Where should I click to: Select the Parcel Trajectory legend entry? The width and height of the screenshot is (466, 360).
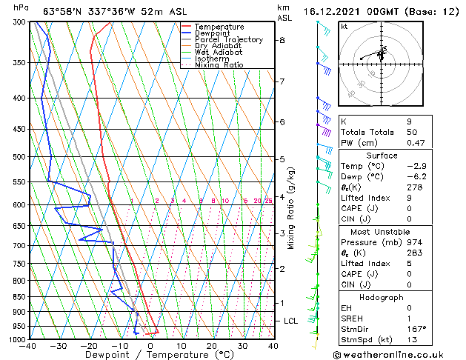pyautogui.click(x=228, y=40)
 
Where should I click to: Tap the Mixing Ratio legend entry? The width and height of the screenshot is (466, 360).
pyautogui.click(x=219, y=65)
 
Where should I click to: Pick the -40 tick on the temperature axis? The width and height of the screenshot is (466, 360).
pyautogui.click(x=28, y=345)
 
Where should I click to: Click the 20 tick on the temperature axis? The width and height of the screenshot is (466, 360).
pyautogui.click(x=212, y=345)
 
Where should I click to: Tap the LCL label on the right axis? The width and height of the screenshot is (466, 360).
pyautogui.click(x=290, y=321)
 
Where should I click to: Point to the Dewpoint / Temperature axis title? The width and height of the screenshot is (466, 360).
pyautogui.click(x=150, y=355)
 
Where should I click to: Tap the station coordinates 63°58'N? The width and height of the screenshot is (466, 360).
pyautogui.click(x=62, y=8)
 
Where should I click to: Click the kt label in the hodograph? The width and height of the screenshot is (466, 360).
pyautogui.click(x=344, y=26)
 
